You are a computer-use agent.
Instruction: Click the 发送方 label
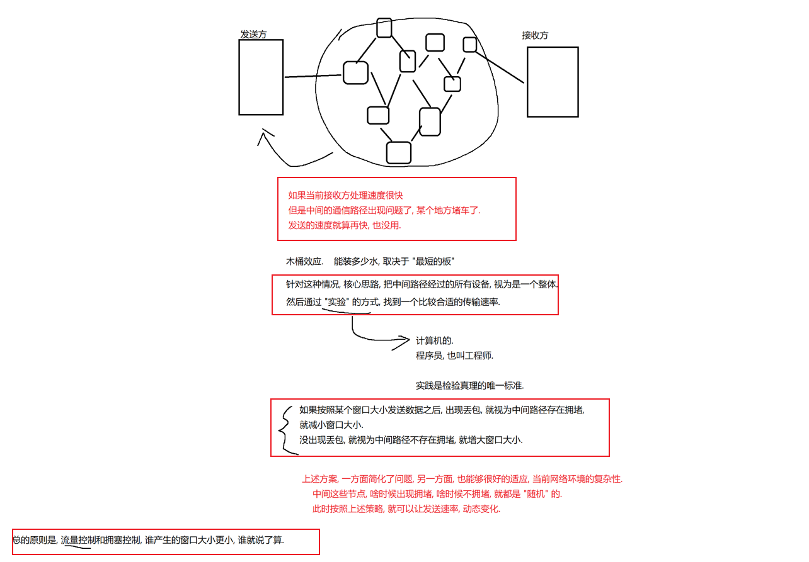(253, 35)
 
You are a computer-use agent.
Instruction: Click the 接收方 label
(535, 35)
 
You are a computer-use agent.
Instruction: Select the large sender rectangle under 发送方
(261, 77)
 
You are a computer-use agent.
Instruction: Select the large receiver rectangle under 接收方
(553, 82)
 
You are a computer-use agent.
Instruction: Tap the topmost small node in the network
(384, 28)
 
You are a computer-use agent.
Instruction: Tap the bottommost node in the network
(398, 152)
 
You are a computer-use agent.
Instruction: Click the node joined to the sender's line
(355, 72)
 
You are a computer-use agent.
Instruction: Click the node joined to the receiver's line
(469, 45)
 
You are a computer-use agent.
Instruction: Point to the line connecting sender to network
(313, 76)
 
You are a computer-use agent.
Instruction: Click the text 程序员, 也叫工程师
(454, 356)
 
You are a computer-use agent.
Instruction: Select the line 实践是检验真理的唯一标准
(469, 385)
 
